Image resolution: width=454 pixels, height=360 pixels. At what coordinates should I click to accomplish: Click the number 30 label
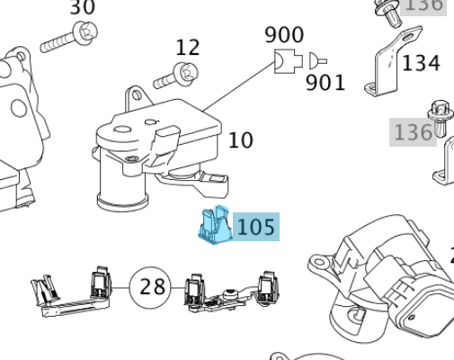tap(82, 7)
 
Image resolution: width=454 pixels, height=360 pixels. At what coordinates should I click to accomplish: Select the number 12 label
tap(187, 47)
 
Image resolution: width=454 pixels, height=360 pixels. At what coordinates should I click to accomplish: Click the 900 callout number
tap(283, 35)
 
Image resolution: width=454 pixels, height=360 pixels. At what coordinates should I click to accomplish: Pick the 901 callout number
tap(325, 83)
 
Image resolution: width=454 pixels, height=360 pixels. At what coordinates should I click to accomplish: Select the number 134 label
tap(421, 63)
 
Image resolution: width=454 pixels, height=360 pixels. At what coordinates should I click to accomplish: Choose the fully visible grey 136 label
tap(413, 132)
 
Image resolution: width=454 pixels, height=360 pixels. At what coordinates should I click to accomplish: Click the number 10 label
tap(240, 140)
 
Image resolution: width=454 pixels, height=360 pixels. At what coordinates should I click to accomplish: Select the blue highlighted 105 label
tap(256, 226)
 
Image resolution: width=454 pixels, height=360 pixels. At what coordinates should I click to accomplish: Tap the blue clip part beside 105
tap(214, 226)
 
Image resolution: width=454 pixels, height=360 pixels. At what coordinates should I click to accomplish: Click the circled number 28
tap(153, 287)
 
